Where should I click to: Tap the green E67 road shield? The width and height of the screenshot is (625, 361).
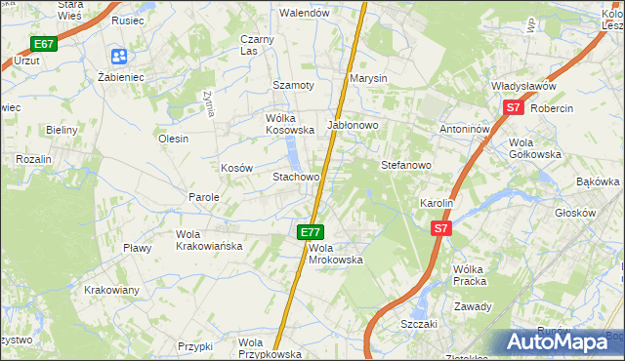coord(43,44)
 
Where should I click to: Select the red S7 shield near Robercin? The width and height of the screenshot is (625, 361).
coord(515,108)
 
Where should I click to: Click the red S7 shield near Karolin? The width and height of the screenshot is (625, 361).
coord(441,228)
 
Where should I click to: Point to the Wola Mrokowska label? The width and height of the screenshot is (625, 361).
coord(336,254)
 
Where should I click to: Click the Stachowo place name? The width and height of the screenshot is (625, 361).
coord(296,177)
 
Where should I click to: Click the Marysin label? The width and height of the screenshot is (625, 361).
coord(369,78)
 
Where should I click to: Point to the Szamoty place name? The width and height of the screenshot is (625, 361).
coord(293,85)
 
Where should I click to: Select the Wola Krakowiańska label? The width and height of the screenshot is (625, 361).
coord(209,240)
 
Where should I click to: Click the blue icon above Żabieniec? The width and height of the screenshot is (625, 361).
coord(119,57)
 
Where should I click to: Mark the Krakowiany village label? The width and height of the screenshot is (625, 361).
coord(111,290)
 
